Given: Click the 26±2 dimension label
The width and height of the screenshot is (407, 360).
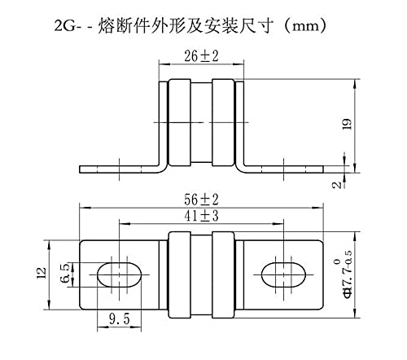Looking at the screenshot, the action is coord(201,56).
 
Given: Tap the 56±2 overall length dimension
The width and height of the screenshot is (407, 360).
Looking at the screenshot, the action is coord(201,200).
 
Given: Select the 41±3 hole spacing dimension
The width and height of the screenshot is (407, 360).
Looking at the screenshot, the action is coord(201,216).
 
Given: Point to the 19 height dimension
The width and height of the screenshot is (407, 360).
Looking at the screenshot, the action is coord(348,124).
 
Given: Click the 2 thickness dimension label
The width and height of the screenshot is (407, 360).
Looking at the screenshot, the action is coord(337,185).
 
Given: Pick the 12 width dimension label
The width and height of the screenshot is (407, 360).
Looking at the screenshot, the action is coord(42,273).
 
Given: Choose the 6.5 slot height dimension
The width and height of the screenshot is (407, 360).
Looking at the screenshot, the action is coord(65,274).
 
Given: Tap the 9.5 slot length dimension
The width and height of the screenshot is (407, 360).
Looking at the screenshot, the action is coord(120,318).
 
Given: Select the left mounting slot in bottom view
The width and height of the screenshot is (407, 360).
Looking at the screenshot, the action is coord(120,274).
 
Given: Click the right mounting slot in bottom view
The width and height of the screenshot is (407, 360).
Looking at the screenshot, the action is coord(283,274).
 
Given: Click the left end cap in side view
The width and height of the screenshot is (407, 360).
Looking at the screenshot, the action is coord(180,122).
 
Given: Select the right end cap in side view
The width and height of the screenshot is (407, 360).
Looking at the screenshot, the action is coord(223,122).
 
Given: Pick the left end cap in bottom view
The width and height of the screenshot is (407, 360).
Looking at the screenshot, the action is coord(180,274).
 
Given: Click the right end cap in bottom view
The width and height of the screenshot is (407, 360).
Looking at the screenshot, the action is coord(223,274).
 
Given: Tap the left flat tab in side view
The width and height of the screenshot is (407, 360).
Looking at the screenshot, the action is coord(120,169).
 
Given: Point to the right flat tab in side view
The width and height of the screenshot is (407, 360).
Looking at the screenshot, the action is coord(283,169).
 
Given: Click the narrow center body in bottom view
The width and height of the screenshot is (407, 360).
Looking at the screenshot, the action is coord(201,274).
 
